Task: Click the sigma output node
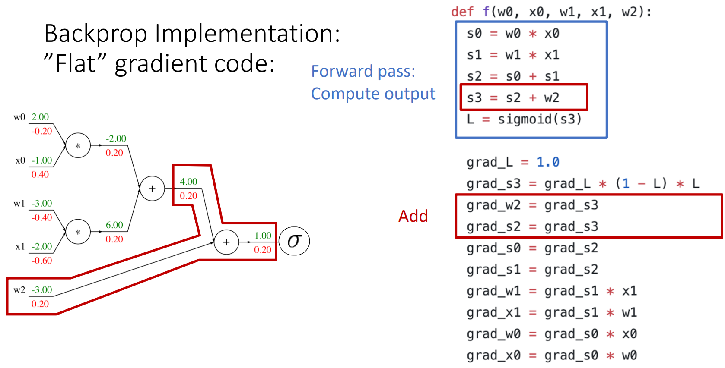click(x=294, y=241)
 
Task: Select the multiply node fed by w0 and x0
click(x=78, y=146)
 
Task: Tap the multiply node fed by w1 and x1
click(x=78, y=232)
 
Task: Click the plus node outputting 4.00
click(x=152, y=189)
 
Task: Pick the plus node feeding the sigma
click(x=226, y=242)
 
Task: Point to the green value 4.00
click(x=188, y=182)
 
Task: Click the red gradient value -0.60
click(x=41, y=261)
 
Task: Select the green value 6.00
click(x=114, y=225)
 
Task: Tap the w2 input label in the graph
click(x=19, y=290)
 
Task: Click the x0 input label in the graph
click(x=20, y=160)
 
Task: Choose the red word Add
click(x=413, y=216)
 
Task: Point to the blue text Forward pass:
click(x=363, y=71)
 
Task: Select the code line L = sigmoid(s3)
click(x=524, y=119)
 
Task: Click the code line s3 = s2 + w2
click(x=513, y=98)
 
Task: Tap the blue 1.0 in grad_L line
click(x=548, y=162)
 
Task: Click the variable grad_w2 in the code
click(x=493, y=205)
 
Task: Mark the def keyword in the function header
click(x=462, y=12)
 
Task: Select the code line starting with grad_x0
click(x=552, y=355)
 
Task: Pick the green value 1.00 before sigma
click(x=263, y=236)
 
